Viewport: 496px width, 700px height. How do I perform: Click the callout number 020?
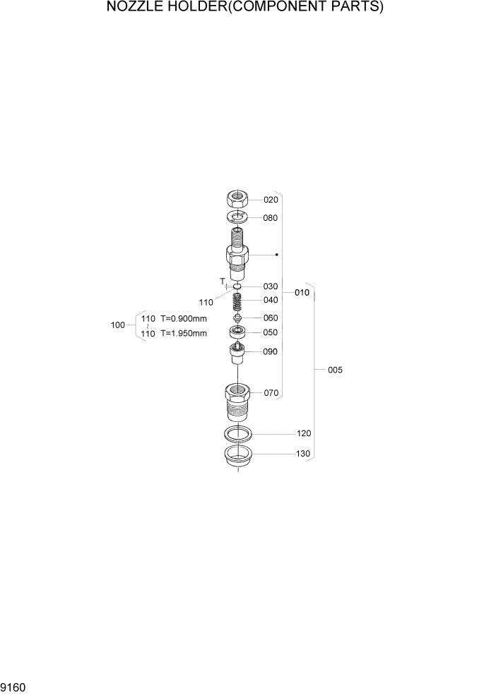(x=271, y=200)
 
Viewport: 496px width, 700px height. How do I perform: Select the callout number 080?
(x=271, y=218)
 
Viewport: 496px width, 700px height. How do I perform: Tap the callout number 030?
(x=271, y=286)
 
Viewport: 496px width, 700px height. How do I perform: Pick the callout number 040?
(x=271, y=300)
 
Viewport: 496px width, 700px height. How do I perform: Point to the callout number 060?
(x=271, y=318)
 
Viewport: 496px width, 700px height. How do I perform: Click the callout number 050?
(x=271, y=332)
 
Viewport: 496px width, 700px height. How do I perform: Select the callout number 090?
(x=271, y=351)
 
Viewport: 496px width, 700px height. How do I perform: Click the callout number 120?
(x=304, y=433)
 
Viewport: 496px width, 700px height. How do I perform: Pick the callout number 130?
(x=304, y=454)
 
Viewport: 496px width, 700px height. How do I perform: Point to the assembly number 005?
(x=335, y=370)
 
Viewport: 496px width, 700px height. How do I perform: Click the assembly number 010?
(x=302, y=292)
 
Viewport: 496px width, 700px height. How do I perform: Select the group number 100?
(x=118, y=325)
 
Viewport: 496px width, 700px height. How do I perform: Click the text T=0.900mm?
(x=184, y=318)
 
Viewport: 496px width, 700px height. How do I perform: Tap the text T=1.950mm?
(x=184, y=333)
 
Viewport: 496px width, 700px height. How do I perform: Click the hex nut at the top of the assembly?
(x=237, y=199)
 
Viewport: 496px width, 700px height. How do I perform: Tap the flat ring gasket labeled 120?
(x=238, y=433)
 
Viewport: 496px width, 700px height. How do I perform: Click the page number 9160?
(x=13, y=687)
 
